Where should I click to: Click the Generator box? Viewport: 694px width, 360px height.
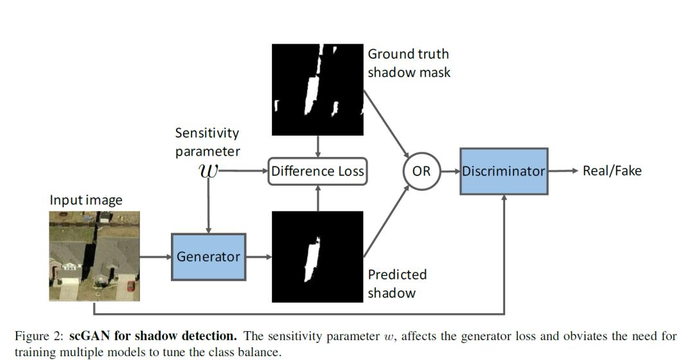[208, 256]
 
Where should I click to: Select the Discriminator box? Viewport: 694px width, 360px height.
[504, 171]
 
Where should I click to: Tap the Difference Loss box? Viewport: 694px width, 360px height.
[317, 171]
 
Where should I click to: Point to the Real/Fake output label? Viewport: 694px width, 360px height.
[612, 170]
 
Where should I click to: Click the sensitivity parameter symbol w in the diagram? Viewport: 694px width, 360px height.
[208, 171]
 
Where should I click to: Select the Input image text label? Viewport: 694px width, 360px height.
[86, 200]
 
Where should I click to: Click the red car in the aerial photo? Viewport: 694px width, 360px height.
[130, 285]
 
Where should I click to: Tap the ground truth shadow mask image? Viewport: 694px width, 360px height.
[317, 89]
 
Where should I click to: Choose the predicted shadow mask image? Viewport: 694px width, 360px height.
[317, 256]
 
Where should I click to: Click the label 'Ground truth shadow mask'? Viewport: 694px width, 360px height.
[409, 63]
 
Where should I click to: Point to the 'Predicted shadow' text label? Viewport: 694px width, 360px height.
[397, 283]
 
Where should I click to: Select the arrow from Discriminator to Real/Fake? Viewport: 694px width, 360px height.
[564, 171]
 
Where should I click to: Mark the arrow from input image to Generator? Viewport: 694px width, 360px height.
[155, 256]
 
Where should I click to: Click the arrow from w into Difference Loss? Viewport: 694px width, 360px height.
[244, 171]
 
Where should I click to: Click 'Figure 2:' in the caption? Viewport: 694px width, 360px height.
[39, 336]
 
